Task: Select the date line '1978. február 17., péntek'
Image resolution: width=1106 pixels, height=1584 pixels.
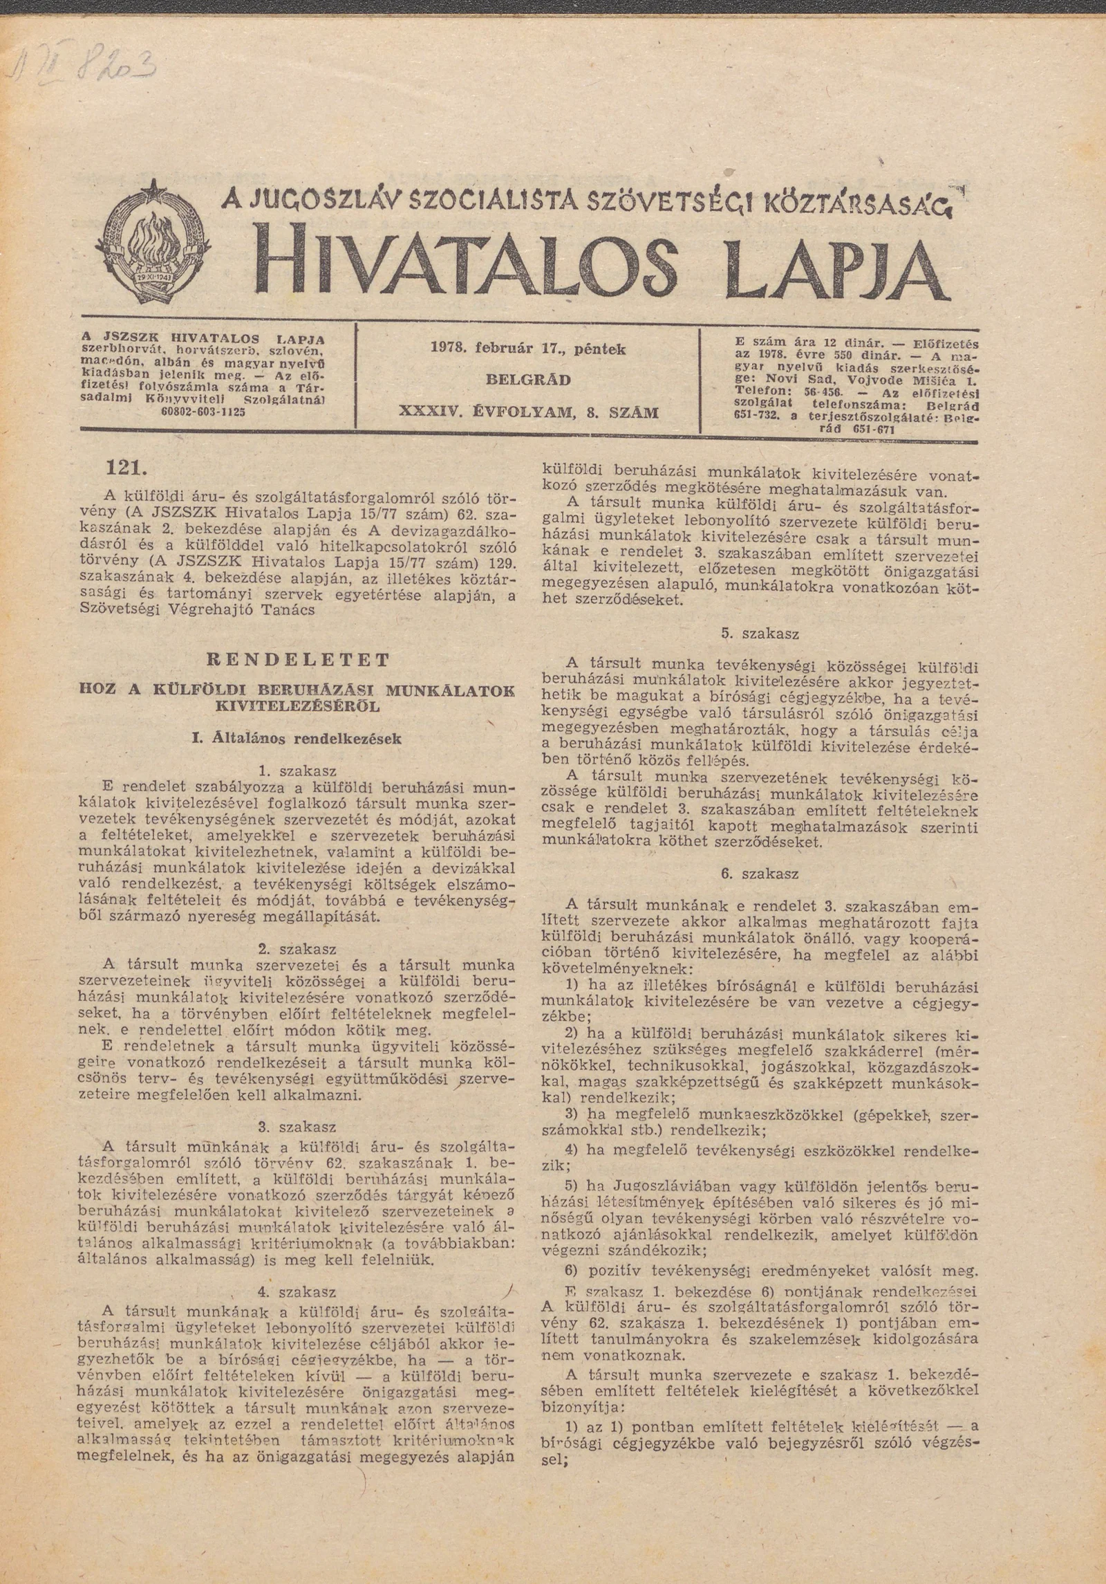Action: click(x=528, y=350)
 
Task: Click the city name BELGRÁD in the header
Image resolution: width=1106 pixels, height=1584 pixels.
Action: click(x=528, y=380)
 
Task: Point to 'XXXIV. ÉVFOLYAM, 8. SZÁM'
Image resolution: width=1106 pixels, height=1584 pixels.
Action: click(x=528, y=413)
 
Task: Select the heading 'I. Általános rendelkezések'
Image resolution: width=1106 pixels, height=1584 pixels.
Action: click(x=297, y=739)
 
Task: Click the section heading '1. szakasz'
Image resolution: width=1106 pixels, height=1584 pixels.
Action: click(x=298, y=771)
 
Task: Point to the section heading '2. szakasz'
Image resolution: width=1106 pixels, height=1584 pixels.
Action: click(x=298, y=948)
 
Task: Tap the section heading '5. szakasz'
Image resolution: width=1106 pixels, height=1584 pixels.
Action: click(x=760, y=634)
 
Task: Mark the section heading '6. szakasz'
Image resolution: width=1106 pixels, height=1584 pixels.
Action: click(x=760, y=874)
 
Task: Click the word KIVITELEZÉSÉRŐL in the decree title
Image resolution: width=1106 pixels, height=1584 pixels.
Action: click(x=298, y=708)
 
